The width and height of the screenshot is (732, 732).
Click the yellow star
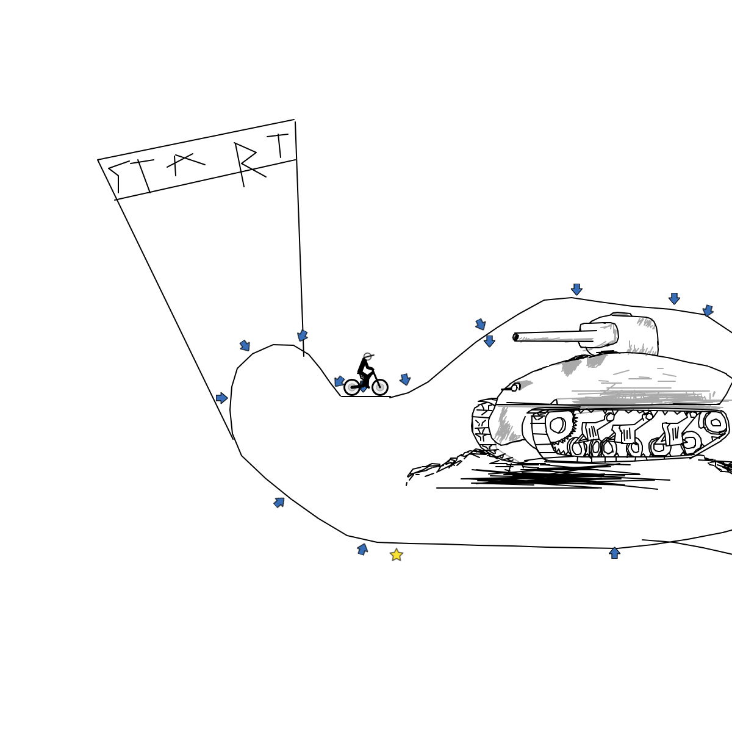[x=396, y=554]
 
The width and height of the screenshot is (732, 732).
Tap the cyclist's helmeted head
[x=367, y=356]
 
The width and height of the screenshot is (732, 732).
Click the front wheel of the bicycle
[x=380, y=387]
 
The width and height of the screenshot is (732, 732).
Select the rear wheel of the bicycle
[x=352, y=387]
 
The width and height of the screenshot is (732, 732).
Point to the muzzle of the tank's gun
[x=515, y=337]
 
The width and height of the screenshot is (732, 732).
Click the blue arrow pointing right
[x=221, y=398]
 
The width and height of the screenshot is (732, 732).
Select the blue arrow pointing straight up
[x=614, y=553]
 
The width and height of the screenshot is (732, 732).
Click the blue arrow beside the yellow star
[x=362, y=549]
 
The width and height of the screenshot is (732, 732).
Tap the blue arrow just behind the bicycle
[x=339, y=381]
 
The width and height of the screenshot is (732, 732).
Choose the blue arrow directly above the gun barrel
[x=489, y=341]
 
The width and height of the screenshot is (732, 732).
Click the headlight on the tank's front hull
[x=515, y=388]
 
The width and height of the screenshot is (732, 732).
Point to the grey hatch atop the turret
[x=622, y=314]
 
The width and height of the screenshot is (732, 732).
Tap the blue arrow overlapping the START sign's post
[x=303, y=335]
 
